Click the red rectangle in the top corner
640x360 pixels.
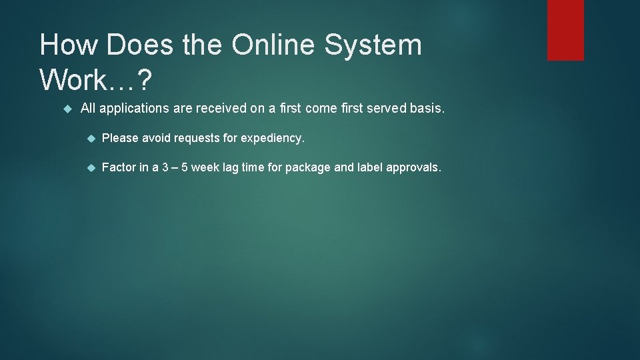click(x=565, y=30)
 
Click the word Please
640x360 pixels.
click(x=120, y=139)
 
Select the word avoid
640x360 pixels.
click(x=156, y=139)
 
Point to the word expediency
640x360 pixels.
click(x=273, y=139)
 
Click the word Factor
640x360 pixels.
click(x=119, y=168)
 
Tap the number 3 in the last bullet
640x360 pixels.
click(x=164, y=168)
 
